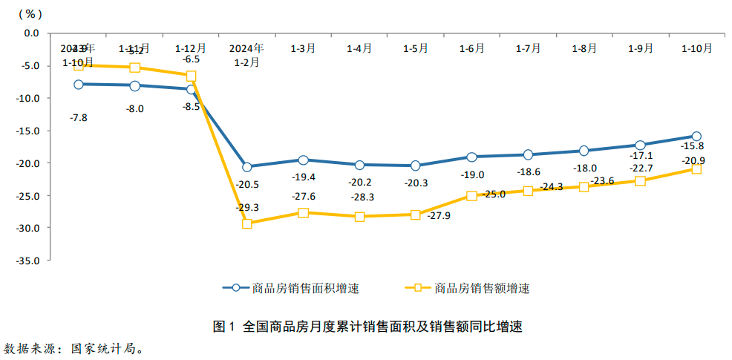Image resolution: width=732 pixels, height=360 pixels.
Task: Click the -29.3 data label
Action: point(247,208)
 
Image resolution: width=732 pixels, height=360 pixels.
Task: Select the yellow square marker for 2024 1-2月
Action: point(247,223)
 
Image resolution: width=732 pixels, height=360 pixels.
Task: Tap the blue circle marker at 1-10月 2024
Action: point(696,137)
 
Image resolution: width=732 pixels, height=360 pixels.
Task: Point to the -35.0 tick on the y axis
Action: point(30,261)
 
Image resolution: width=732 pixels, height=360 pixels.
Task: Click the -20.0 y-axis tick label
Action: point(30,163)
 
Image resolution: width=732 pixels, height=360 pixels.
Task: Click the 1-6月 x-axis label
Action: point(471,48)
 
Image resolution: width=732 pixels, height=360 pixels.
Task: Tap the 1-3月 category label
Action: point(303,48)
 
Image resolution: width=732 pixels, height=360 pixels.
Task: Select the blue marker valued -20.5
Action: point(247,167)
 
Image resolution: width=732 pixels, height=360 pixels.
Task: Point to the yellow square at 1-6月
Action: point(471,196)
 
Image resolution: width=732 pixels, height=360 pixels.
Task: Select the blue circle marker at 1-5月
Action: point(416,166)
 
